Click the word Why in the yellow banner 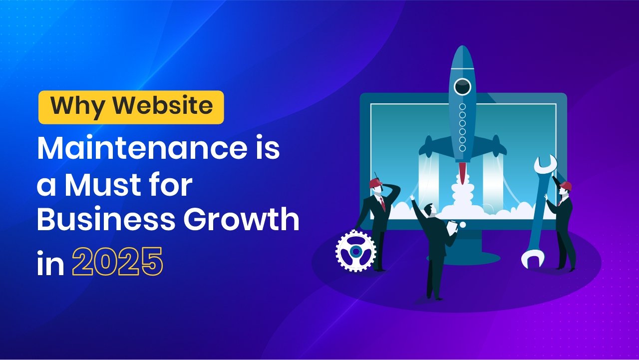[x=78, y=106]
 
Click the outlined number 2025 [x=117, y=261]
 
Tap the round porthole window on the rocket [x=462, y=86]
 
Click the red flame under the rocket [x=462, y=172]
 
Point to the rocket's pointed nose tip [x=463, y=46]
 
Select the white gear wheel [x=356, y=251]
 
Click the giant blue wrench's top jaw [x=546, y=165]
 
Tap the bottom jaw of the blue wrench [x=532, y=258]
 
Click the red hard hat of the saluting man [x=375, y=183]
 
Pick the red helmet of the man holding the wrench [x=566, y=186]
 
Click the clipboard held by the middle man [x=452, y=228]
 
